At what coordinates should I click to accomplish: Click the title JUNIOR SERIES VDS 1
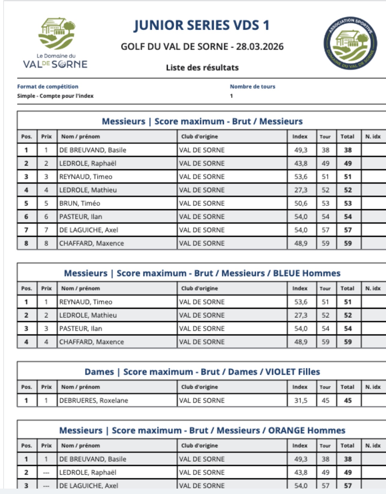click(x=202, y=25)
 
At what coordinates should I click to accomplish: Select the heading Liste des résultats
click(x=202, y=68)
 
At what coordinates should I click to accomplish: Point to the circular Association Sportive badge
click(x=350, y=43)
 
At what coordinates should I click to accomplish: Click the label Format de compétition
click(x=48, y=87)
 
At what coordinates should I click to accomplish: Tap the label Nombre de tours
click(x=252, y=87)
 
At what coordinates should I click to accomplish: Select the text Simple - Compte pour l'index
click(x=55, y=96)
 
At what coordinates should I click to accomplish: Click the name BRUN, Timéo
click(x=80, y=203)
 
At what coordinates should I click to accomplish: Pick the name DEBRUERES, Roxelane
click(x=94, y=400)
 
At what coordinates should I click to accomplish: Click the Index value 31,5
click(x=301, y=400)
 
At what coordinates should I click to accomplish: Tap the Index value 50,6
click(x=301, y=203)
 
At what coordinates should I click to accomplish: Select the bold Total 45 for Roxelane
click(x=348, y=400)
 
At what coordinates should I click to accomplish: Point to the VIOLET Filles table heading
click(x=292, y=372)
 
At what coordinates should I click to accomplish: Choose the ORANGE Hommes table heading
click(x=306, y=430)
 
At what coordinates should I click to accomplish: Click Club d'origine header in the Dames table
click(x=199, y=387)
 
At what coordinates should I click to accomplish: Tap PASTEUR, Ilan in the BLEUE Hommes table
click(x=81, y=329)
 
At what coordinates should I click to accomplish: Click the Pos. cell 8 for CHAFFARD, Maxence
click(x=26, y=243)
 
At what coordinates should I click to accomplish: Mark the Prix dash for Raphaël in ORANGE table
click(x=46, y=473)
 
